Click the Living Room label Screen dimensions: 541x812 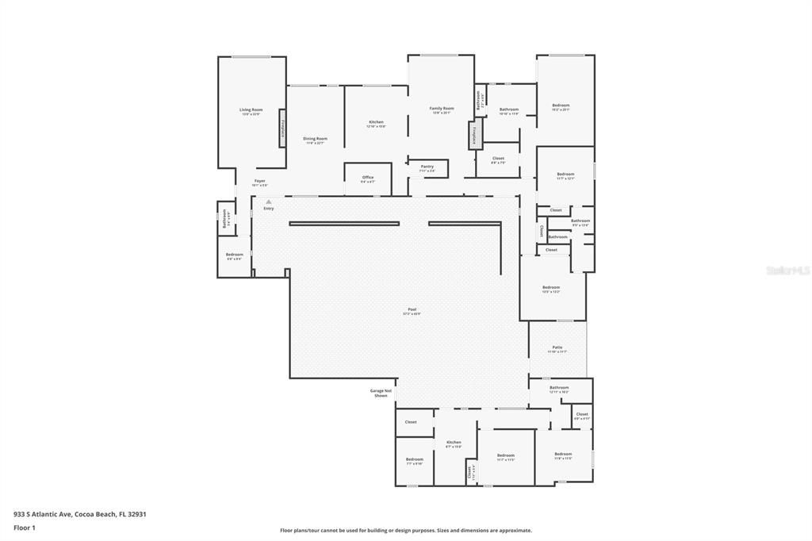click(251, 110)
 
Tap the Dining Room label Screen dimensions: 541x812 click(315, 139)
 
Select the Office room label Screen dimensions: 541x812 click(368, 178)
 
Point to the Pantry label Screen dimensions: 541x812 click(427, 167)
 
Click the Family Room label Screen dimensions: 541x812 click(442, 109)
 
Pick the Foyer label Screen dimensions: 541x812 click(259, 182)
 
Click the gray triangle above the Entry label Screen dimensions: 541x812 click(269, 201)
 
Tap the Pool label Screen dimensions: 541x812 click(412, 309)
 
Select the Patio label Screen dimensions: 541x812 click(557, 347)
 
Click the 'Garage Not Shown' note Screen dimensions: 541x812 click(381, 393)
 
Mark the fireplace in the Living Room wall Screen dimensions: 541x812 click(282, 129)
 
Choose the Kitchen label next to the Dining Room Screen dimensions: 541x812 click(376, 123)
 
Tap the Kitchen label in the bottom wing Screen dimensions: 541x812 click(454, 443)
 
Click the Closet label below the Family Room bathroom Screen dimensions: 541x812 click(498, 159)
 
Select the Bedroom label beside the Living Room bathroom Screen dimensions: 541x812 click(235, 255)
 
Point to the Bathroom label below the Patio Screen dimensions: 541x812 click(559, 388)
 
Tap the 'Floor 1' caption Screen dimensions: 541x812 click(24, 528)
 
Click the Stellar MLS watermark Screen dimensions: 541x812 click(787, 270)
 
